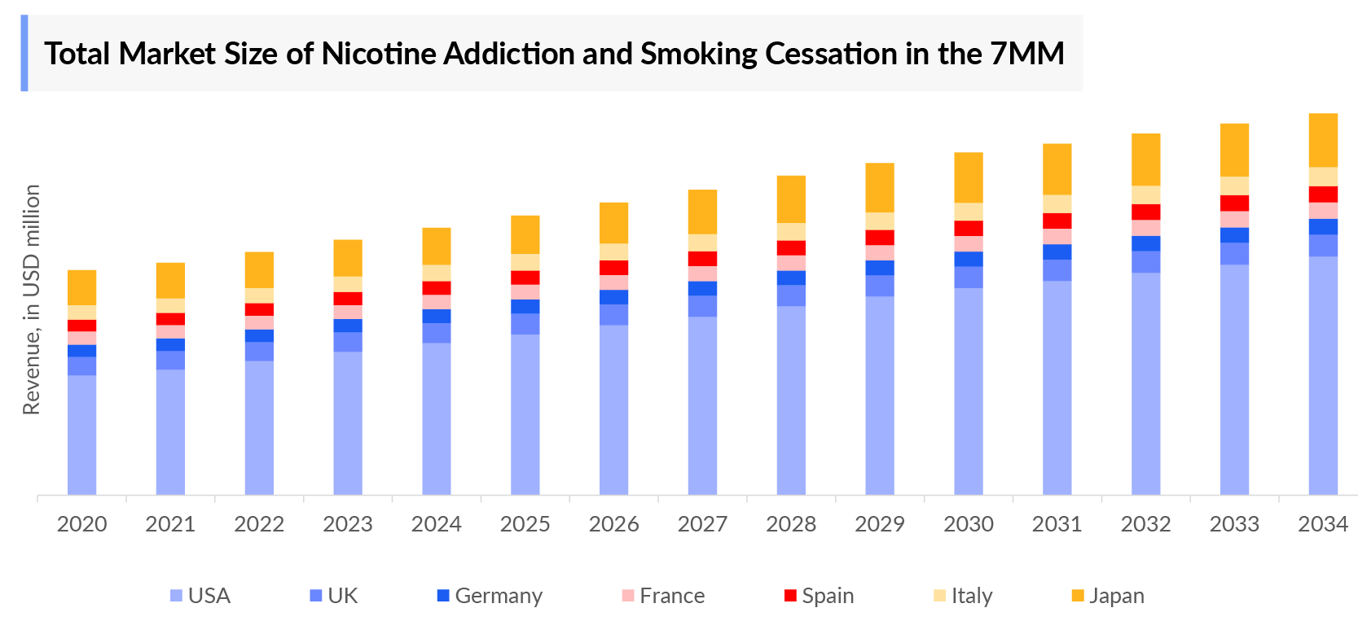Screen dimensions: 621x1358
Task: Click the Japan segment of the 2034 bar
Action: (x=1323, y=140)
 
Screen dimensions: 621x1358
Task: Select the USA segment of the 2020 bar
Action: (x=81, y=435)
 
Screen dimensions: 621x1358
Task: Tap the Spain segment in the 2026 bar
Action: (x=613, y=268)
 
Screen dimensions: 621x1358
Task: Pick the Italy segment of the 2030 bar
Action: (x=969, y=212)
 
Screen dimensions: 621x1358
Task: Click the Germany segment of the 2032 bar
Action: (x=1145, y=243)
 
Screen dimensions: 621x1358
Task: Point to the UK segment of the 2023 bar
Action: (x=348, y=342)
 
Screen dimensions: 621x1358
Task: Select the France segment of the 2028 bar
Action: (x=791, y=263)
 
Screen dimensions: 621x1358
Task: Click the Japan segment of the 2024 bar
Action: (x=437, y=246)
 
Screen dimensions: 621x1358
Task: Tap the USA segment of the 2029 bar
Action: (x=880, y=395)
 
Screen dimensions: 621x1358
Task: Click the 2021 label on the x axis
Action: (x=170, y=524)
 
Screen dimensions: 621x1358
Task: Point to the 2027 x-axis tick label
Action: (x=702, y=524)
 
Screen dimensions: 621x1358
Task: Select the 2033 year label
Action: (x=1234, y=524)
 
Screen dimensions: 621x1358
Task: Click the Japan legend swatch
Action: (x=1078, y=596)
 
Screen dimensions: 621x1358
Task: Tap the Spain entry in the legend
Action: (x=819, y=596)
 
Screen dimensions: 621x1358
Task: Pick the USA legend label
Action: (x=209, y=596)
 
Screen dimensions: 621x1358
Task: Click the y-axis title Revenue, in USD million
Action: (x=32, y=300)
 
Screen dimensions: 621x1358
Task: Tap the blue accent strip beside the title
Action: (x=24, y=53)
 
